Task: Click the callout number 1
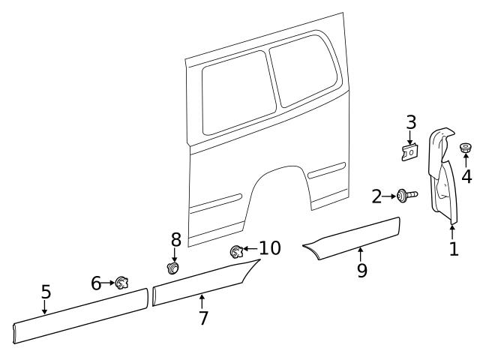(x=453, y=249)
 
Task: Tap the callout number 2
(x=377, y=196)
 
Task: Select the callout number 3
(x=411, y=122)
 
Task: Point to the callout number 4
(x=466, y=177)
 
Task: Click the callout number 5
(x=45, y=292)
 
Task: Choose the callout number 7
(x=202, y=317)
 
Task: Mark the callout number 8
(x=175, y=239)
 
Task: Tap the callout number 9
(x=362, y=270)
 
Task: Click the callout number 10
(x=270, y=248)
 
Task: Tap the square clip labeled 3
(x=409, y=151)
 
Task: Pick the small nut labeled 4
(x=466, y=148)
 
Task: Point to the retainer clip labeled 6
(x=121, y=283)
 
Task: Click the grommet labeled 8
(x=174, y=266)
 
